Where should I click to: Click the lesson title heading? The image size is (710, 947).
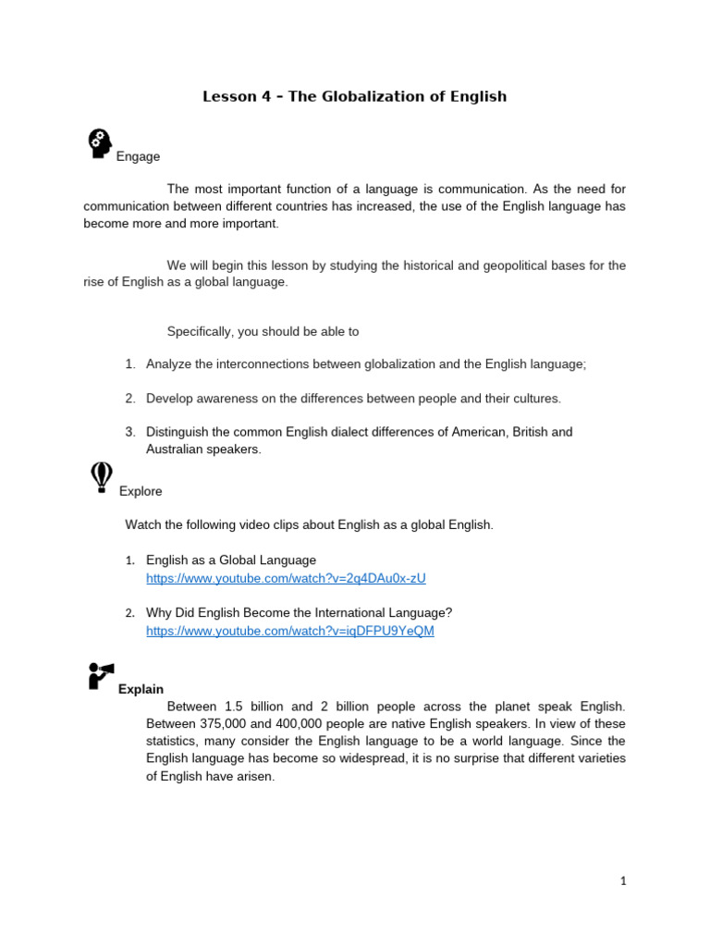tap(355, 96)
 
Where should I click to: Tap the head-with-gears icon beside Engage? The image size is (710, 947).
tap(99, 143)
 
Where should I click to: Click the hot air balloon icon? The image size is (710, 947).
tap(101, 477)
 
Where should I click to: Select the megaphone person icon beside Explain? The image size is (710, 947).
tap(101, 675)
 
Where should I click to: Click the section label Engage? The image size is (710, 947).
tap(138, 157)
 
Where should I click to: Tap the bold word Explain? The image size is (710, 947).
tap(141, 689)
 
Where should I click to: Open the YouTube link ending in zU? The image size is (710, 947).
tap(286, 578)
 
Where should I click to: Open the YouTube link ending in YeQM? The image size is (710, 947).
tap(289, 631)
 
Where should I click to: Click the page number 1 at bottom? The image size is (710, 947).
tap(623, 881)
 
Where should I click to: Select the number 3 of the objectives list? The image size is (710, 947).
tap(130, 432)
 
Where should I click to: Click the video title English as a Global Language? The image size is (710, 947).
tap(231, 560)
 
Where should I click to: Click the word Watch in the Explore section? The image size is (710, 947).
tap(143, 525)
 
